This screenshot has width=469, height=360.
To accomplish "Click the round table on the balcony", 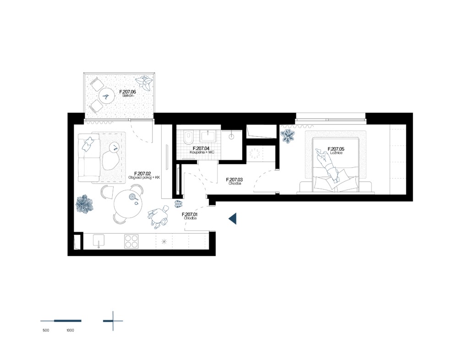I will click(x=107, y=96).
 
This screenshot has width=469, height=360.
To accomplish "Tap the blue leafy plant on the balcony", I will click(x=144, y=83).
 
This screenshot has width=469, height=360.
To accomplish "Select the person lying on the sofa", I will click(x=87, y=144).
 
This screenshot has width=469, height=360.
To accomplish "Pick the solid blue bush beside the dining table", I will click(x=84, y=204).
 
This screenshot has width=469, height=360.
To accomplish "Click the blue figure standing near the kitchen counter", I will click(x=158, y=216).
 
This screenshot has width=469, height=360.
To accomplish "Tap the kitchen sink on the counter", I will click(x=98, y=240).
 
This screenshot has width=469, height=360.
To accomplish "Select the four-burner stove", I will click(x=131, y=241).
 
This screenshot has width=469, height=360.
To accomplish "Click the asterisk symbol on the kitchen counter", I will click(x=164, y=241).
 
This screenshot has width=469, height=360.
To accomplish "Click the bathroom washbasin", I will click(x=208, y=136).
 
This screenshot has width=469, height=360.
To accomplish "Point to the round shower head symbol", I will click(x=231, y=136).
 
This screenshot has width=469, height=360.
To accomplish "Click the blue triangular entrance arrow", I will click(x=233, y=218).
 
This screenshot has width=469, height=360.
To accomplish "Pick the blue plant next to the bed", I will click(x=288, y=136).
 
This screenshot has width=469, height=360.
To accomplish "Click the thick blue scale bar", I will click(x=67, y=321).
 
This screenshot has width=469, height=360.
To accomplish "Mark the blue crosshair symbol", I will click(x=113, y=321).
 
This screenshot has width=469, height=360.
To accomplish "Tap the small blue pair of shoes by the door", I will click(x=179, y=204).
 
